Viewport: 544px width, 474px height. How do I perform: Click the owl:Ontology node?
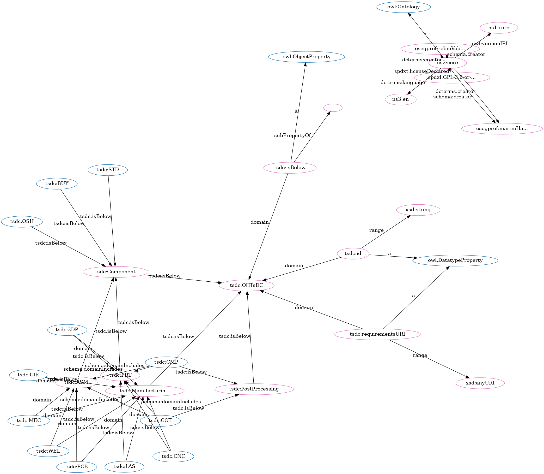click(403, 7)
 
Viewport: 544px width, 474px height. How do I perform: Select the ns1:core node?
click(498, 28)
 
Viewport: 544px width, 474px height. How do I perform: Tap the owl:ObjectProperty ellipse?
click(306, 57)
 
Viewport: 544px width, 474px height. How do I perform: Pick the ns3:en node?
click(400, 99)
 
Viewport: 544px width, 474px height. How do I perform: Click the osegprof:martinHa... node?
click(502, 129)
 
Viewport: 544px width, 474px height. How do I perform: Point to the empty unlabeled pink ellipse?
click(333, 108)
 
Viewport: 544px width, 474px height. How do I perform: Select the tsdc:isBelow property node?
click(290, 168)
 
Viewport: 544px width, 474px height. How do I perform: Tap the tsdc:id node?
click(353, 254)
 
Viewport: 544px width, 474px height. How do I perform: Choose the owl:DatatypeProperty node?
click(455, 260)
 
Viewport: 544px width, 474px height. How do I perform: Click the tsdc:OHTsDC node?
click(246, 285)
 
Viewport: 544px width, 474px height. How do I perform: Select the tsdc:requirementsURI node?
click(377, 334)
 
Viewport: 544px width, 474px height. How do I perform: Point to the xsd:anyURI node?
click(480, 383)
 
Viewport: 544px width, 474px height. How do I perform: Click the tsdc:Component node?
click(115, 272)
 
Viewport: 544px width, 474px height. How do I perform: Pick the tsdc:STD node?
click(108, 170)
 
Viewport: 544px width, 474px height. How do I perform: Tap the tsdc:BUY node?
click(57, 183)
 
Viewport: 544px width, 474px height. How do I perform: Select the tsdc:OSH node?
click(22, 221)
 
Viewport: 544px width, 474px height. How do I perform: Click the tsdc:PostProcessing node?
click(254, 389)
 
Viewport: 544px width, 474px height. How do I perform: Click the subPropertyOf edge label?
click(292, 135)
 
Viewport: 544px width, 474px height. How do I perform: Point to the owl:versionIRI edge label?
click(489, 44)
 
